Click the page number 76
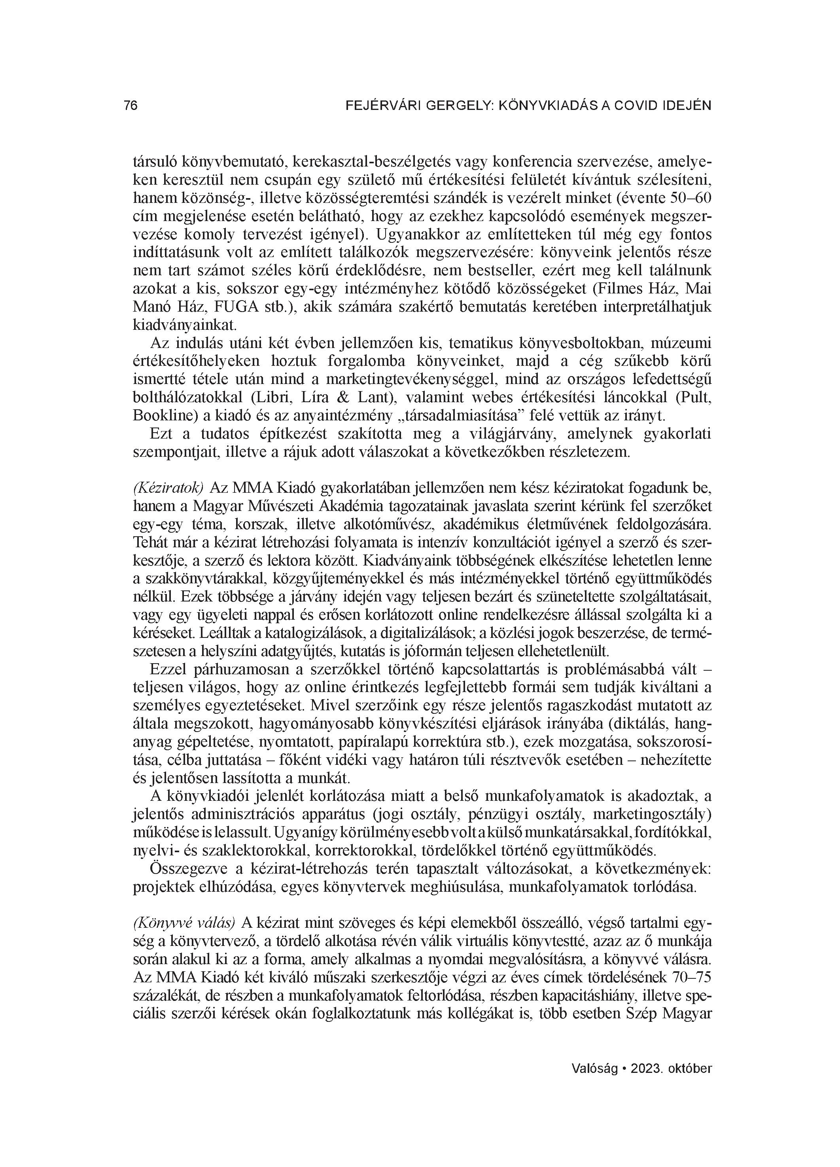tap(131, 106)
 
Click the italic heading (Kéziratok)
tap(168, 488)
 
